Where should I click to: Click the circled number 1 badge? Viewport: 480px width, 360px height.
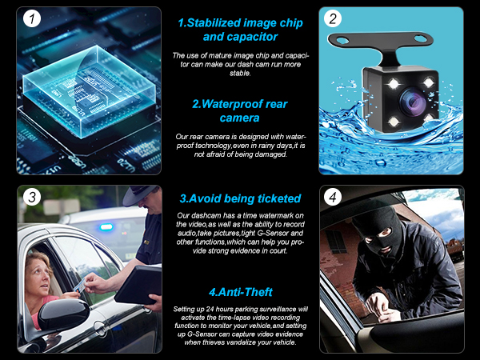click(31, 19)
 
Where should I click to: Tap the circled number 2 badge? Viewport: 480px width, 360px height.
click(333, 18)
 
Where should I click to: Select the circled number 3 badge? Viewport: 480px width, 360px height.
click(32, 197)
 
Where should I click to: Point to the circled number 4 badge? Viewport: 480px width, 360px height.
click(333, 197)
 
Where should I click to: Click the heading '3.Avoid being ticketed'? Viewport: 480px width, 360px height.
click(240, 198)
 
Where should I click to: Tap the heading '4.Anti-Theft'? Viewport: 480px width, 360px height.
click(240, 292)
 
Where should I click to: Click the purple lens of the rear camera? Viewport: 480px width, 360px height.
click(412, 102)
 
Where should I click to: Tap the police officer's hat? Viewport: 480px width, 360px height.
click(140, 194)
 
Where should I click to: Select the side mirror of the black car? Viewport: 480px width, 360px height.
click(63, 313)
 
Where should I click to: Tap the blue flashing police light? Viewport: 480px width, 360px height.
click(106, 227)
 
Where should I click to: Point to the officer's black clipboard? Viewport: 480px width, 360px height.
click(138, 285)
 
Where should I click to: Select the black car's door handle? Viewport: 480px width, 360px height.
click(101, 329)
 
